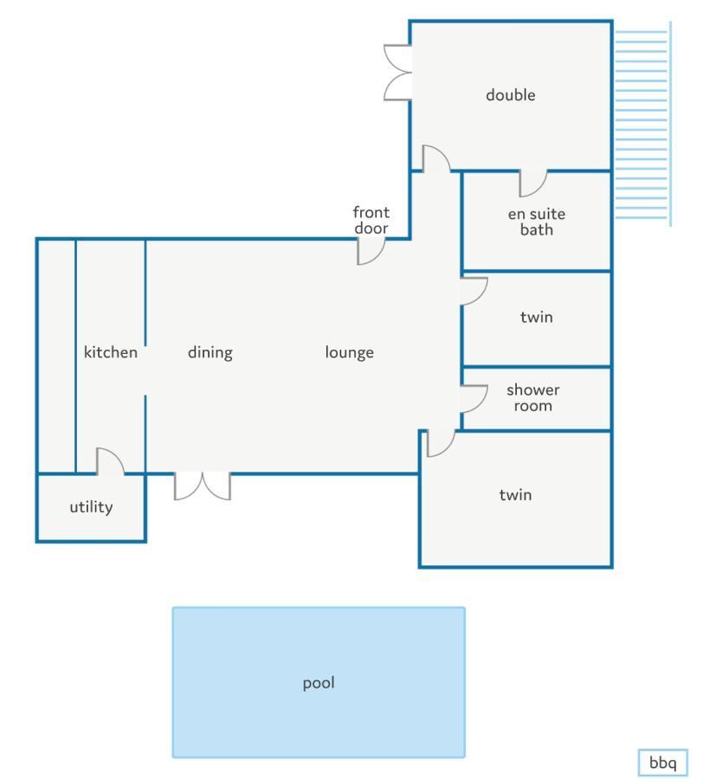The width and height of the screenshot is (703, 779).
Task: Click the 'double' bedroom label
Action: coord(510,95)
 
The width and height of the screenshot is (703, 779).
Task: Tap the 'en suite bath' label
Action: coord(537,222)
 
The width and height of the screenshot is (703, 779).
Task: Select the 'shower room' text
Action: coord(532,397)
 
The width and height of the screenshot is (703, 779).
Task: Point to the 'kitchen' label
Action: coord(110,351)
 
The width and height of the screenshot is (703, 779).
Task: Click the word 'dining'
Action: coord(210,353)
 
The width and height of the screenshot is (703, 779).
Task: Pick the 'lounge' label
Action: coord(349,353)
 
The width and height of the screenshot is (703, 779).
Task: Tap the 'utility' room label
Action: coord(91,507)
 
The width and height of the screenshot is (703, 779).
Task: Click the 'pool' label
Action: coord(319,683)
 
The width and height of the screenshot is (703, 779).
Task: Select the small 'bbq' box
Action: coord(663,762)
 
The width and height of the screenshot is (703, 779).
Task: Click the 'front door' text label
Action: coord(371,220)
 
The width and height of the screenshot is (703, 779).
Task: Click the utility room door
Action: coord(110,461)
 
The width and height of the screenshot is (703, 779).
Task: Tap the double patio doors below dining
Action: coord(203,486)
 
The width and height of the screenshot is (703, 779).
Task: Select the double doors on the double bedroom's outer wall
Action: coord(397,73)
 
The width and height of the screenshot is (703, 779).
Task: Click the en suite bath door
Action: coord(533,183)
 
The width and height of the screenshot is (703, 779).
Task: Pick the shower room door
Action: coord(474,399)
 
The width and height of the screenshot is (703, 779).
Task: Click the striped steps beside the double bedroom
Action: coord(643,124)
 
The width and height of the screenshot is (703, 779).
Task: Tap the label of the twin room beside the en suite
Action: coord(537,317)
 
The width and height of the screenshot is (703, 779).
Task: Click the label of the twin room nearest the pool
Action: coord(515,495)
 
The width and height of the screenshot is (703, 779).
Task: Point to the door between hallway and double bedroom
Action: coord(436,158)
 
